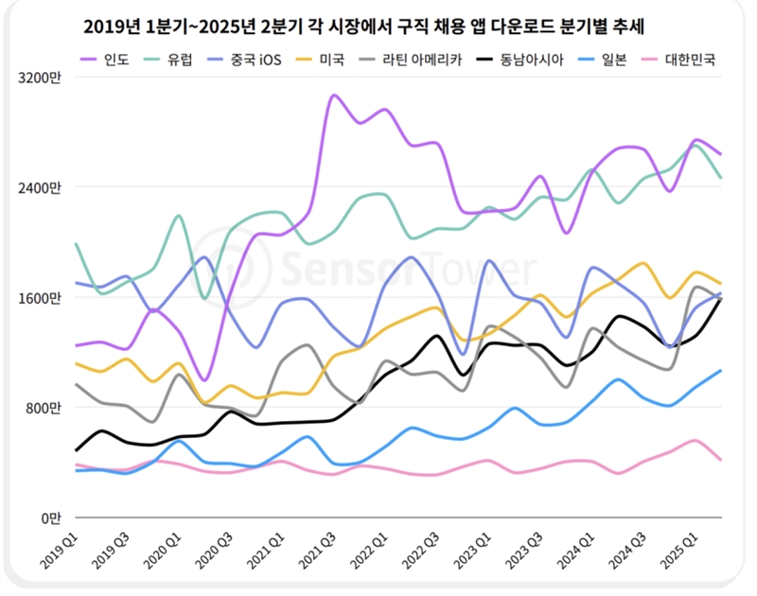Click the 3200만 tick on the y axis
(44, 79)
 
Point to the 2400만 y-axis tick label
(44, 188)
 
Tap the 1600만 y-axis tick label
(44, 298)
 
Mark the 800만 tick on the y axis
(47, 408)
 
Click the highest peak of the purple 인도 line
(332, 96)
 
